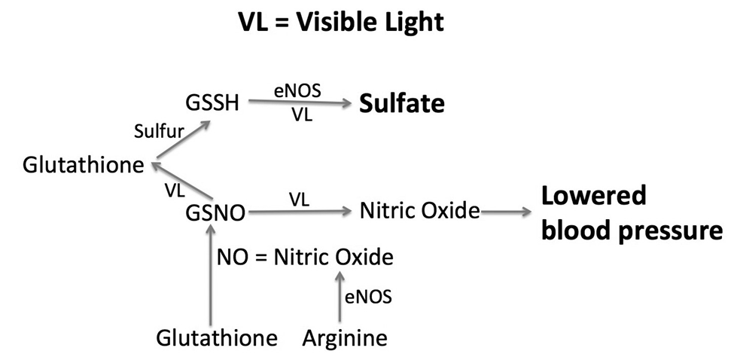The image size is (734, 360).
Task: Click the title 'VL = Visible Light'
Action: point(340,23)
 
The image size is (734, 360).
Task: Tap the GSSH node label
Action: point(212,103)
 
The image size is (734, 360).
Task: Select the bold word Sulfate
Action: point(401,104)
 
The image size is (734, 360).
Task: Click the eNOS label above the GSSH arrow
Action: point(297,90)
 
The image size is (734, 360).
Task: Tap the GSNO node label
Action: point(215,213)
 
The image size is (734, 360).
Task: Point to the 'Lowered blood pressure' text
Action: point(631,213)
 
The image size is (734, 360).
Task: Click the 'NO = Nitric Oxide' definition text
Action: point(305,257)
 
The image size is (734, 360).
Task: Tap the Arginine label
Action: point(345,338)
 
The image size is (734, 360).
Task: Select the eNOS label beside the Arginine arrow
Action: point(368,297)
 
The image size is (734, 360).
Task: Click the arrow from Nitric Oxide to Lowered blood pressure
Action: point(506,212)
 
